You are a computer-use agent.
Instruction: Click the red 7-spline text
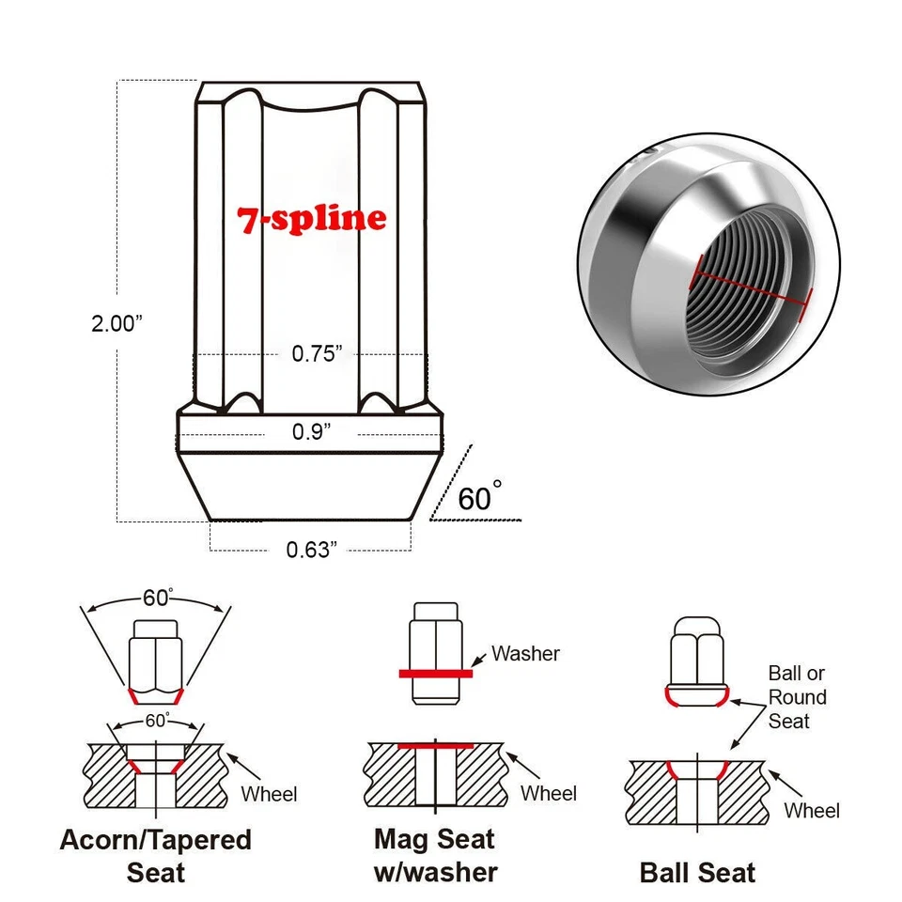(311, 218)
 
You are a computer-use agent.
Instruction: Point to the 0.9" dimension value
(312, 431)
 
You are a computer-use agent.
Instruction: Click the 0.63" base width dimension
(311, 549)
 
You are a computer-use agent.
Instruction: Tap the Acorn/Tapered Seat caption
(156, 854)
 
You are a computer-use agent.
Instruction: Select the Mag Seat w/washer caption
(435, 854)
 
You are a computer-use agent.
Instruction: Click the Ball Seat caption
(697, 872)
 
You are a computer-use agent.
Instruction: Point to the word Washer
(525, 653)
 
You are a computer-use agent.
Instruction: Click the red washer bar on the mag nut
(435, 673)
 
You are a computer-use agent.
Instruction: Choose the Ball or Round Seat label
(797, 697)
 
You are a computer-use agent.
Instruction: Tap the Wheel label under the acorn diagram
(269, 794)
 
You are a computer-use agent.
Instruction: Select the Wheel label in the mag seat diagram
(548, 793)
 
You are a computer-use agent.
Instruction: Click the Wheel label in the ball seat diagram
(812, 810)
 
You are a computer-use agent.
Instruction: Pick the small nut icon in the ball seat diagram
(696, 662)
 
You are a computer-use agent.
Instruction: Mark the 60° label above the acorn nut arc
(157, 598)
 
